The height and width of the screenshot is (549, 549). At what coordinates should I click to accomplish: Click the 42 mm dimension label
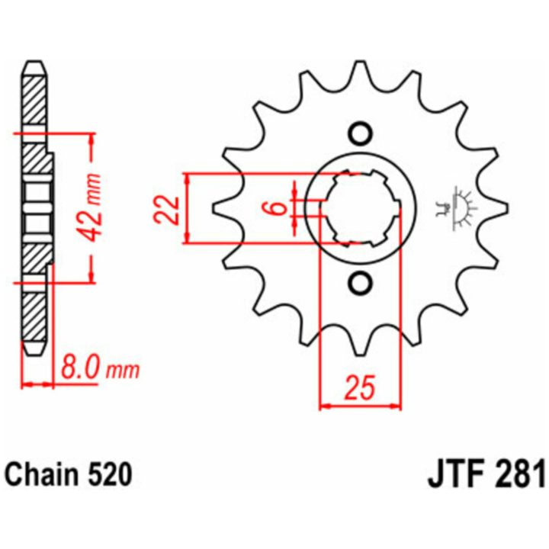pyautogui.click(x=91, y=207)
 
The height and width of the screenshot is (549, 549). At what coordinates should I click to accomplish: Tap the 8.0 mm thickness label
pyautogui.click(x=100, y=368)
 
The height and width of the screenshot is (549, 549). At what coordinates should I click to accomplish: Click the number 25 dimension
pyautogui.click(x=360, y=387)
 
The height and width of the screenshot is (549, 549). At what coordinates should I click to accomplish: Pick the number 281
pyautogui.click(x=518, y=474)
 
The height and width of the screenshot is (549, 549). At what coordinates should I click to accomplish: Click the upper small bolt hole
pyautogui.click(x=360, y=133)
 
